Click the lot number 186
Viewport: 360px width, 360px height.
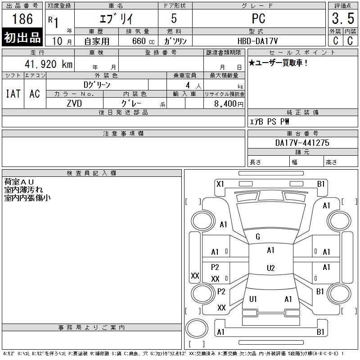point(22,19)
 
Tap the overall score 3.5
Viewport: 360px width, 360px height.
point(342,19)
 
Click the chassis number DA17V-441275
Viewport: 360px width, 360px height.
point(302,143)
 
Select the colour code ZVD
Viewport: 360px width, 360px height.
point(74,103)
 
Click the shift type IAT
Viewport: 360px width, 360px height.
point(13,94)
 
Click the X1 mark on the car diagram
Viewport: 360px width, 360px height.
point(220,184)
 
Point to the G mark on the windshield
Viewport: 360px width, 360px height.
point(258,237)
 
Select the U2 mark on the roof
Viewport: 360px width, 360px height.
point(270,268)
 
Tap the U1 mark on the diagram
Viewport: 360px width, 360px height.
point(253,299)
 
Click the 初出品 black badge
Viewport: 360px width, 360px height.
point(22,38)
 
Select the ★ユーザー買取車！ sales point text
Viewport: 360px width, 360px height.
point(278,63)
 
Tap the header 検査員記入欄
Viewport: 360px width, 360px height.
point(91,173)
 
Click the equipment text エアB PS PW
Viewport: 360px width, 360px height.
point(269,121)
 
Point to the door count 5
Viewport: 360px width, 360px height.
point(173,18)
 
